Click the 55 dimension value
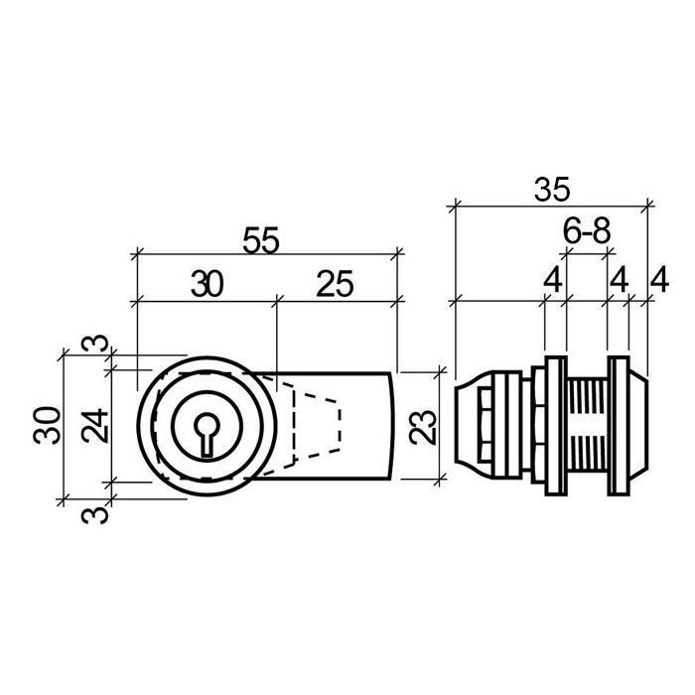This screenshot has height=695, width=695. pyautogui.click(x=260, y=240)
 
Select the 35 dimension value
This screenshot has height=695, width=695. pyautogui.click(x=552, y=190)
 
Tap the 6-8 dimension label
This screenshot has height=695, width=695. pyautogui.click(x=587, y=231)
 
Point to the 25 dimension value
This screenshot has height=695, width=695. pyautogui.click(x=335, y=284)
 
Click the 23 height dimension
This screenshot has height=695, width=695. pyautogui.click(x=423, y=427)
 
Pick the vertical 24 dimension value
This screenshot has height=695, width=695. pyautogui.click(x=95, y=426)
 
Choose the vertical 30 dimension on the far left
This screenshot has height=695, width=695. pyautogui.click(x=47, y=426)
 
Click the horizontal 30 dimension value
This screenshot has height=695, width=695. pyautogui.click(x=207, y=284)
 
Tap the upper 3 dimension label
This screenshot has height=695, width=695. pyautogui.click(x=95, y=344)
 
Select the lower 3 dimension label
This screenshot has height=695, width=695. pyautogui.click(x=95, y=514)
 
